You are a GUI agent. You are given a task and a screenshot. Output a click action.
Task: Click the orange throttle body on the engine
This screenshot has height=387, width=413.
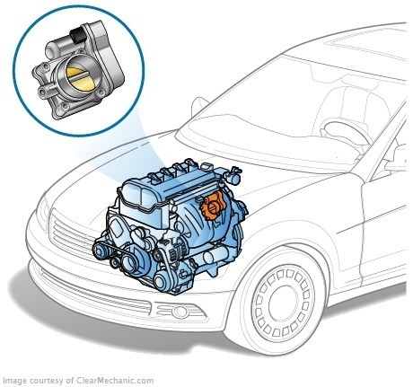pyautogui.click(x=213, y=207)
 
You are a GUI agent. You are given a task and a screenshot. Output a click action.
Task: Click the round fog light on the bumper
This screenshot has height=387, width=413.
pyautogui.click(x=180, y=312)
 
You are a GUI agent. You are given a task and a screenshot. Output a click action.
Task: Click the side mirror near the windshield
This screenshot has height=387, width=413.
pyautogui.click(x=199, y=106)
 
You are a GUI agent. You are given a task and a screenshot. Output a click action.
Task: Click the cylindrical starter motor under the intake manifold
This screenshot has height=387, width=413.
pyautogui.click(x=217, y=255)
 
